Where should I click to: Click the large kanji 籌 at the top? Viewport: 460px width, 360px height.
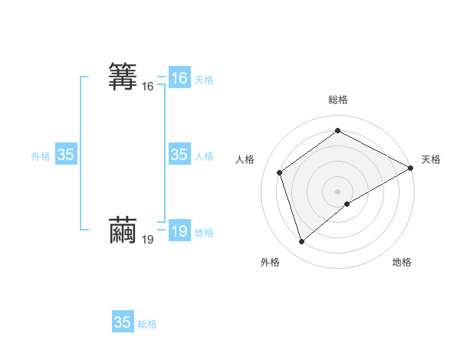(x=123, y=77)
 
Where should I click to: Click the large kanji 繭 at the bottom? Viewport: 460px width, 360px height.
(x=123, y=231)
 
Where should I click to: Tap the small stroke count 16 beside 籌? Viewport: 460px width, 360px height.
(x=148, y=87)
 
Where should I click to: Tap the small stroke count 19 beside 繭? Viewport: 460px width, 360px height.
(x=148, y=240)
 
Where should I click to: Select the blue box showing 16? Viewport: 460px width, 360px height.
(x=179, y=78)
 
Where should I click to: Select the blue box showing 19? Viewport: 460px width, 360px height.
(x=179, y=231)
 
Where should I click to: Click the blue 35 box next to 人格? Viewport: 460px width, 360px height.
(x=179, y=155)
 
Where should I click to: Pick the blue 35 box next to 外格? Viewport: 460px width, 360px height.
(x=66, y=155)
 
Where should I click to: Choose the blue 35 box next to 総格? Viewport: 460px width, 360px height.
(x=123, y=322)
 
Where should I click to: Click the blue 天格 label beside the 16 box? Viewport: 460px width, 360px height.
(x=204, y=80)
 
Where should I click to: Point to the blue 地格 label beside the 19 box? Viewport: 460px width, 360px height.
(x=204, y=233)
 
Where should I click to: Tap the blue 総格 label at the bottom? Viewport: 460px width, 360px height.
(x=147, y=324)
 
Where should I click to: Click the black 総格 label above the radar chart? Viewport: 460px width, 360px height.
(x=338, y=100)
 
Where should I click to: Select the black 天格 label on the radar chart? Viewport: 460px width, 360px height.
(x=431, y=159)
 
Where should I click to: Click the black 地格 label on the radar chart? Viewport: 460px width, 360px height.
(x=402, y=262)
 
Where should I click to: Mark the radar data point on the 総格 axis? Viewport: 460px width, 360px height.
(x=338, y=131)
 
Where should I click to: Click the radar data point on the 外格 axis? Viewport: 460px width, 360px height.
(x=301, y=242)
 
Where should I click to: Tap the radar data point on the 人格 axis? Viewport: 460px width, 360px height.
(x=280, y=172)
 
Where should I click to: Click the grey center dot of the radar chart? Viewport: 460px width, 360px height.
(x=338, y=191)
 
